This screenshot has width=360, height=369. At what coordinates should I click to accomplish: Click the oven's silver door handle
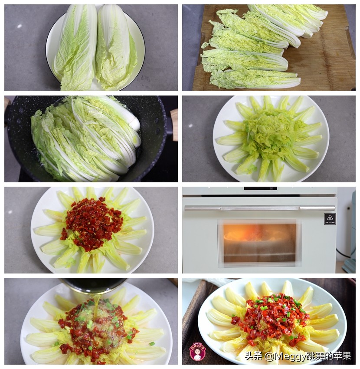click(260, 208)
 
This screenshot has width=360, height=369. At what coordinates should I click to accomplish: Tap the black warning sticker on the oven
click(330, 219)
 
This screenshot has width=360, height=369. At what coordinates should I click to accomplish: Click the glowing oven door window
click(259, 242)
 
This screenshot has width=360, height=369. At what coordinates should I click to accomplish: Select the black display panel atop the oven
click(260, 188)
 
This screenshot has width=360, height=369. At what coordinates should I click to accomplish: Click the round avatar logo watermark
click(198, 352)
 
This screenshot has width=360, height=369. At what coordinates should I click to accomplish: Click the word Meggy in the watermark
click(282, 356)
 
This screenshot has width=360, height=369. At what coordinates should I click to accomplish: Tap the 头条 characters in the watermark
click(253, 356)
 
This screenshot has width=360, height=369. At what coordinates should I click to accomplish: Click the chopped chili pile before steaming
click(92, 224)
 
